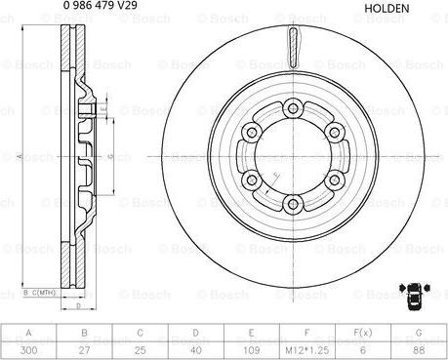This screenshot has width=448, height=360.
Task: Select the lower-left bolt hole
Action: (x=252, y=180)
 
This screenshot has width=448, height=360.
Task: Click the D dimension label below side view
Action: (x=77, y=306)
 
